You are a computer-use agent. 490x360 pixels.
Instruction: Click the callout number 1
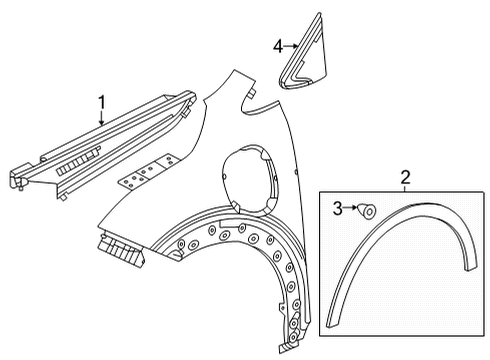(x=101, y=102)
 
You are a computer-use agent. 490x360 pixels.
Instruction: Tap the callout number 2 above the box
(x=405, y=178)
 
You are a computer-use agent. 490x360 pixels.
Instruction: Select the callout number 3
(x=338, y=207)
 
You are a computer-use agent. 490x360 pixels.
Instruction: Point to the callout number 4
(x=279, y=45)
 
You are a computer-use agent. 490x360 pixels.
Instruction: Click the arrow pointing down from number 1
(x=101, y=120)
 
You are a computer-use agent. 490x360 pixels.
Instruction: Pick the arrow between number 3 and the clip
(x=351, y=208)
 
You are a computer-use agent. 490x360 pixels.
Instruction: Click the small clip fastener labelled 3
(x=367, y=209)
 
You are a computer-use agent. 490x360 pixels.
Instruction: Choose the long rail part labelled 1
(x=110, y=141)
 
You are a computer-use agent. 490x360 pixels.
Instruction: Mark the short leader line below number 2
(x=405, y=190)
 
